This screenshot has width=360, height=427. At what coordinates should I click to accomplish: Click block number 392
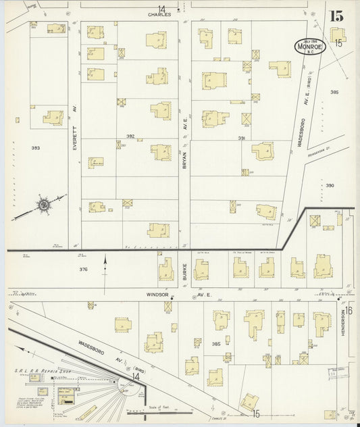130,136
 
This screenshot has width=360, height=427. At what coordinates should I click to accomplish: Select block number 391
242,138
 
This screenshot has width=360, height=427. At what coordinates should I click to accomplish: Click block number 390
330,185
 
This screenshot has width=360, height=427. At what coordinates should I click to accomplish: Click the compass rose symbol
43,203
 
